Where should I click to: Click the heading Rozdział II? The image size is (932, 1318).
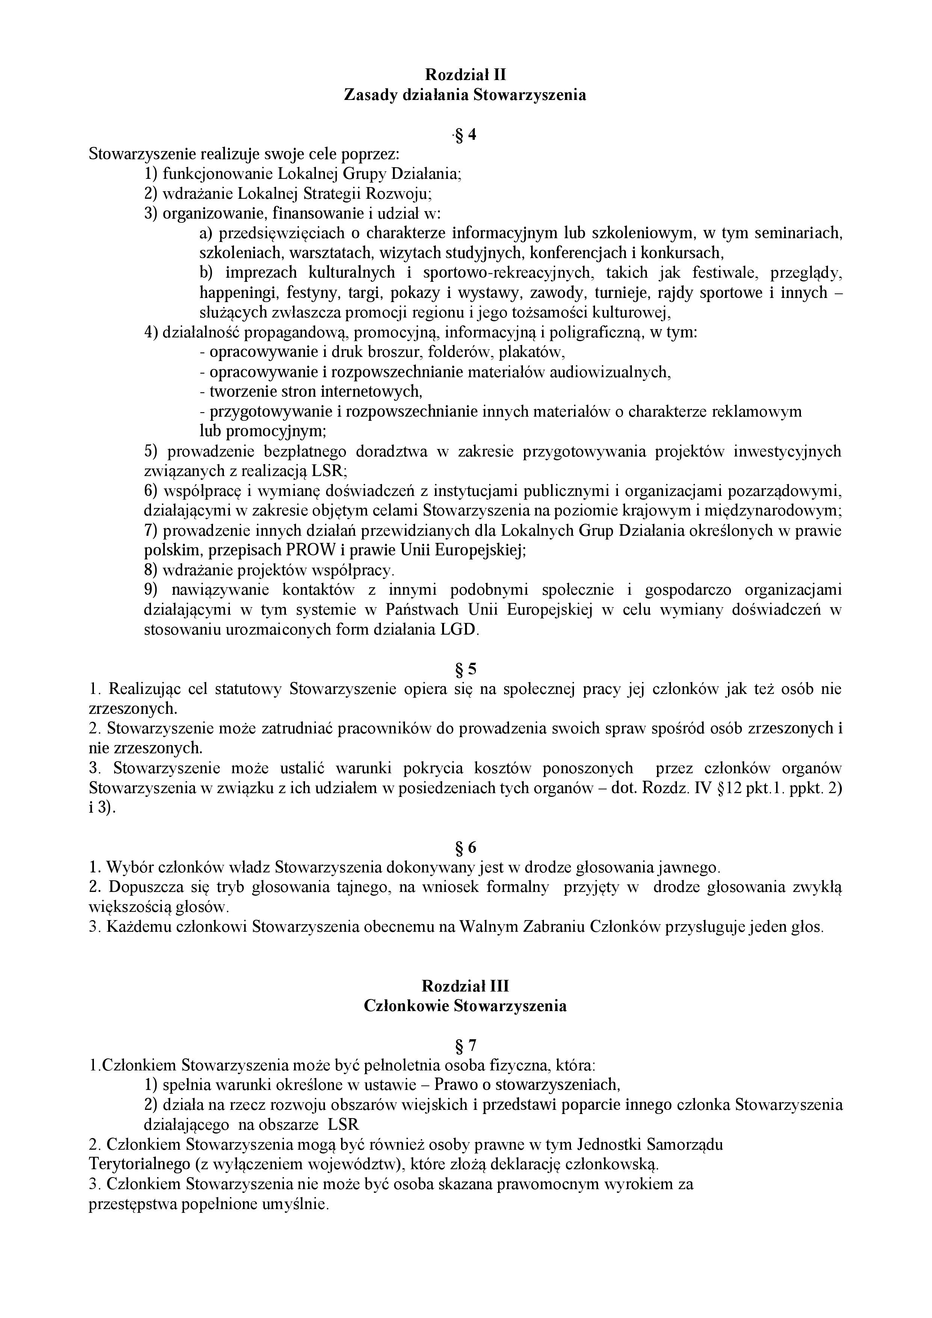(465, 75)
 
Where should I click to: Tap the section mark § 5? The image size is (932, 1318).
(465, 669)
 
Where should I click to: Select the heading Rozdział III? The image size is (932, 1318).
(465, 985)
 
